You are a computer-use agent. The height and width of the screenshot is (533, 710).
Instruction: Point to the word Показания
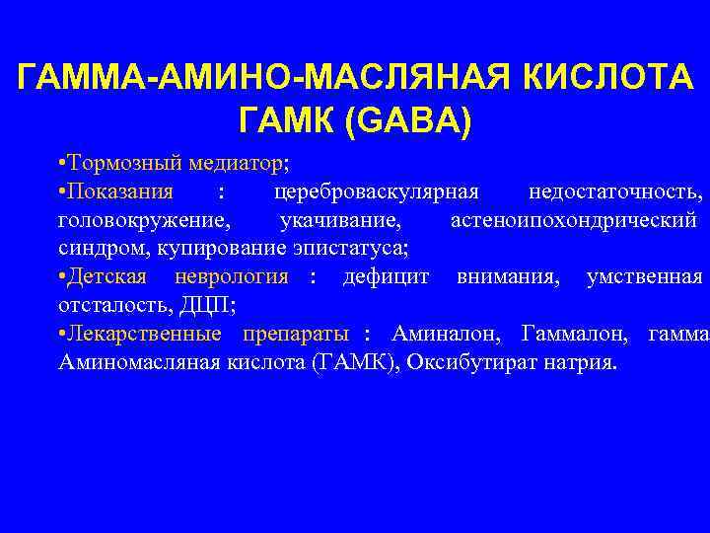[x=121, y=190]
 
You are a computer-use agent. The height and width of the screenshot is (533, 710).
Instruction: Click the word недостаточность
[x=614, y=190]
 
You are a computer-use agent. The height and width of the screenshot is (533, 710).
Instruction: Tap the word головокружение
[x=146, y=218]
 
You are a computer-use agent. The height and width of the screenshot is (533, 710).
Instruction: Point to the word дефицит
[x=386, y=276]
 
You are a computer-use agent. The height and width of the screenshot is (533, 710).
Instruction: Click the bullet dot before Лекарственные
[x=62, y=334]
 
